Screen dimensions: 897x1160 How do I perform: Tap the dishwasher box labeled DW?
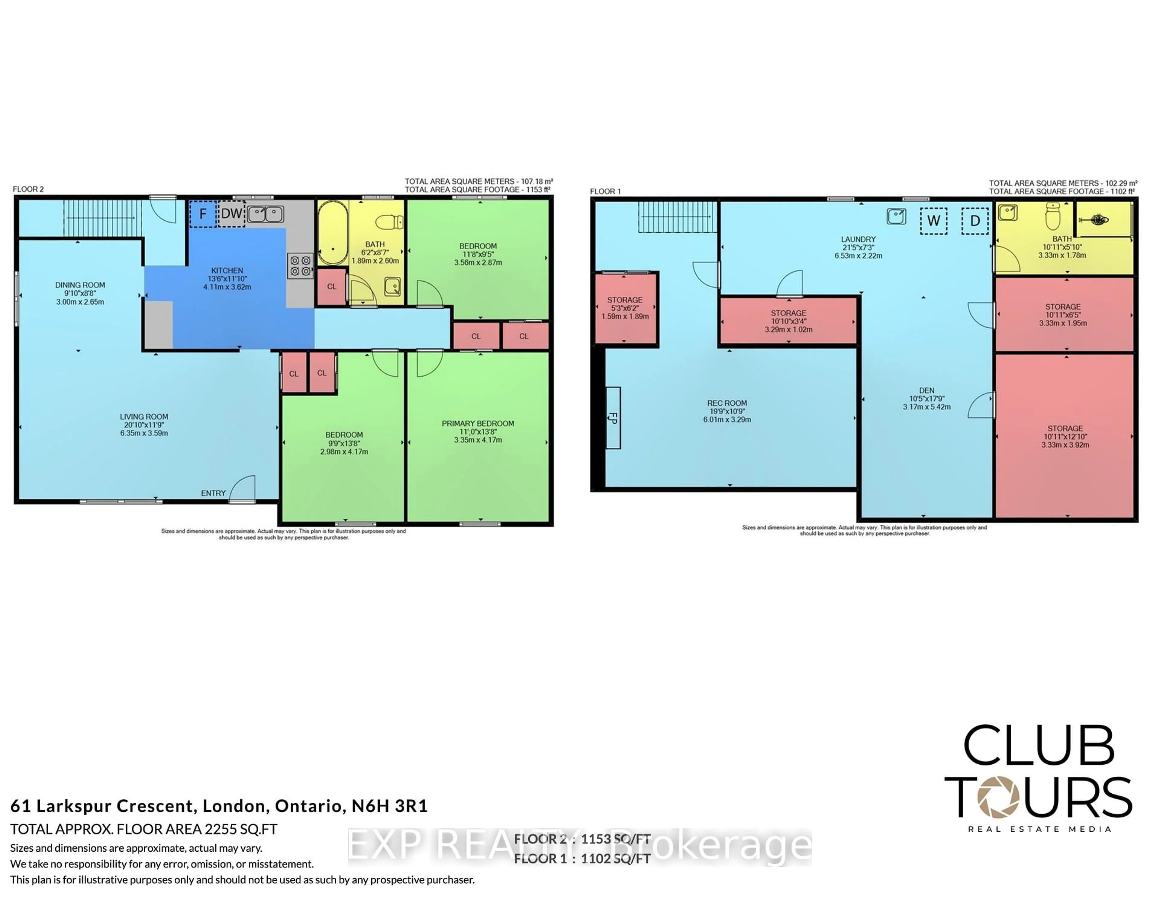point(231,214)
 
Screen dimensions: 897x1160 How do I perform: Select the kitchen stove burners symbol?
point(300,266)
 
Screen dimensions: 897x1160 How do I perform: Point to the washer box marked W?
point(933,221)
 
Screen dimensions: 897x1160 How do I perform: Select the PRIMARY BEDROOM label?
point(478,423)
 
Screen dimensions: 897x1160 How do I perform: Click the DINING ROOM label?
point(80,285)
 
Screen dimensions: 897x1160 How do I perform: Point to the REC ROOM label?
point(727,403)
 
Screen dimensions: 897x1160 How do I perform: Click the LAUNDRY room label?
point(858,240)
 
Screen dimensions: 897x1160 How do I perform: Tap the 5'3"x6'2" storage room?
point(625,308)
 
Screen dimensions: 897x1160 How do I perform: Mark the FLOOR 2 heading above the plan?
point(28,189)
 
